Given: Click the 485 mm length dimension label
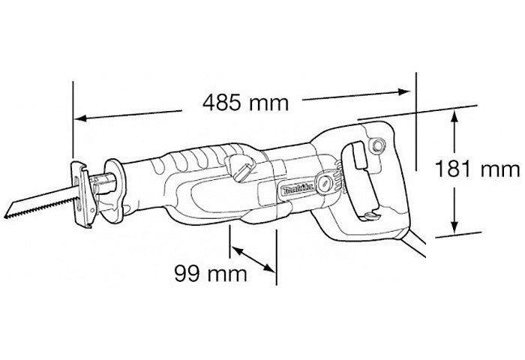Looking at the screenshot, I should (245, 103).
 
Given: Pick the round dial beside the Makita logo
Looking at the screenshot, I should (324, 183).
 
